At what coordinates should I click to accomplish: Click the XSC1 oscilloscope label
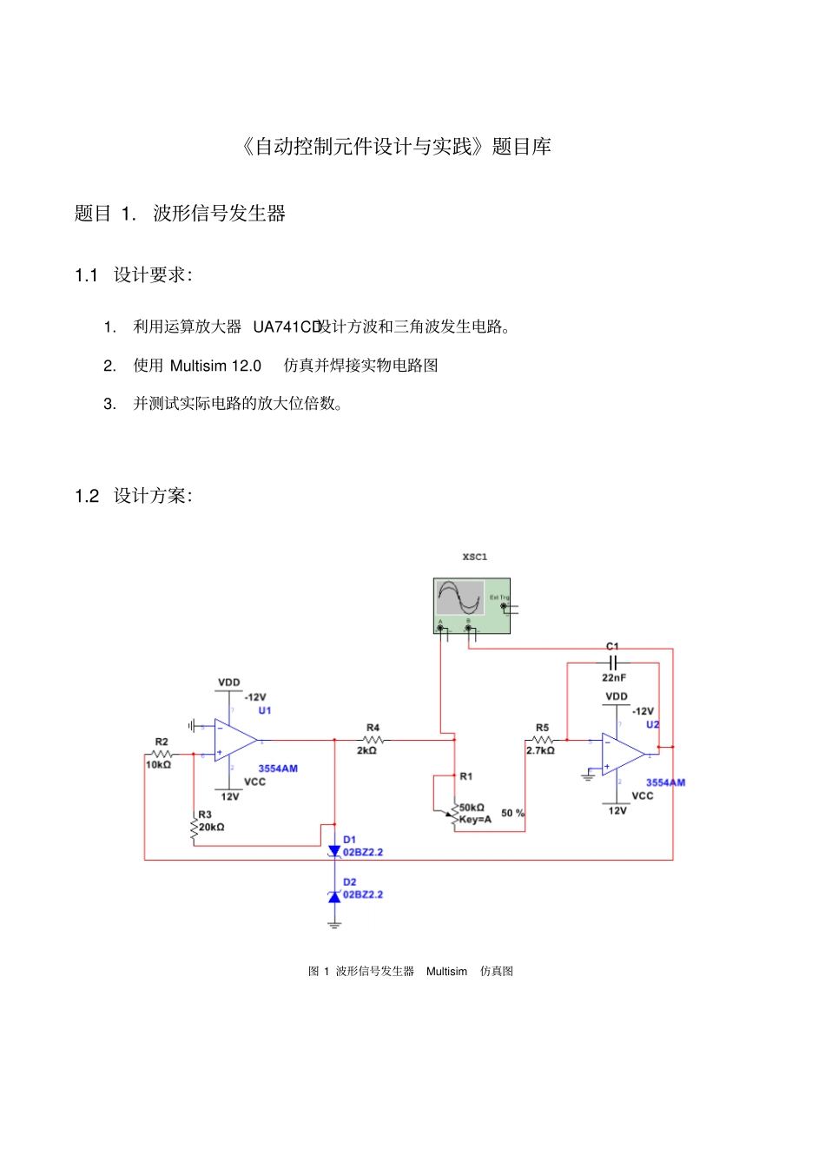474,557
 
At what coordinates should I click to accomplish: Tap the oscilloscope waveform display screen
459,597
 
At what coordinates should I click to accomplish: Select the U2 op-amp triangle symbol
622,755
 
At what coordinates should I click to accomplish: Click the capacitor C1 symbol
613,663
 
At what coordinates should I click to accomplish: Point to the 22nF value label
613,677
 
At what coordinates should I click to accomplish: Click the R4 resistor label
373,728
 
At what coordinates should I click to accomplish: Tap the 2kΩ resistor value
366,750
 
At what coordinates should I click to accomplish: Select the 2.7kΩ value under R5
540,750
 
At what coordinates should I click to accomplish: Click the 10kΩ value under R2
158,765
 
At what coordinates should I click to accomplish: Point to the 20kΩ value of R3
212,827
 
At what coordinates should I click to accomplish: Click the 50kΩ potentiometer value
472,808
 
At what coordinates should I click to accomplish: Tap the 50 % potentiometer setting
512,813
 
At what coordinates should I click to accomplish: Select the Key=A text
475,819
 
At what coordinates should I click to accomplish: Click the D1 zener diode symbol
334,851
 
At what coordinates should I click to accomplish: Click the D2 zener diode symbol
334,896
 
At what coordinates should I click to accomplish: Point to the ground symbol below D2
334,925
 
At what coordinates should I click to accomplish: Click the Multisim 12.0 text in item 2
215,366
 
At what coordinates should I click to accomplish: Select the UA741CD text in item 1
287,327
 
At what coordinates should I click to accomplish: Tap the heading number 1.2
87,496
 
